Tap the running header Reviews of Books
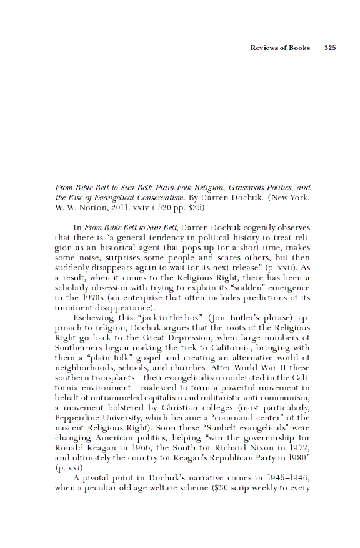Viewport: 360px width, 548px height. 280,48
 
